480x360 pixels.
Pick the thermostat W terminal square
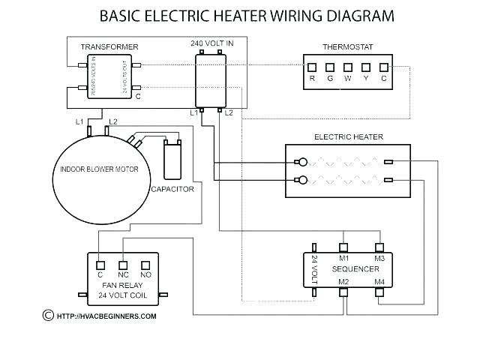(x=348, y=67)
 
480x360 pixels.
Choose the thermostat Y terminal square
(x=366, y=67)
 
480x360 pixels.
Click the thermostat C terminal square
(x=384, y=67)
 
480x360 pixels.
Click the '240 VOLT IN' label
(x=211, y=43)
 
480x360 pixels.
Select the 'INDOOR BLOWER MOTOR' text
(x=100, y=169)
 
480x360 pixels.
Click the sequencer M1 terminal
(x=343, y=247)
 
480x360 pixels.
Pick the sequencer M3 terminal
(x=379, y=247)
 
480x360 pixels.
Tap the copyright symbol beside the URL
(x=48, y=315)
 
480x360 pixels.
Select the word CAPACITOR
(x=172, y=189)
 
